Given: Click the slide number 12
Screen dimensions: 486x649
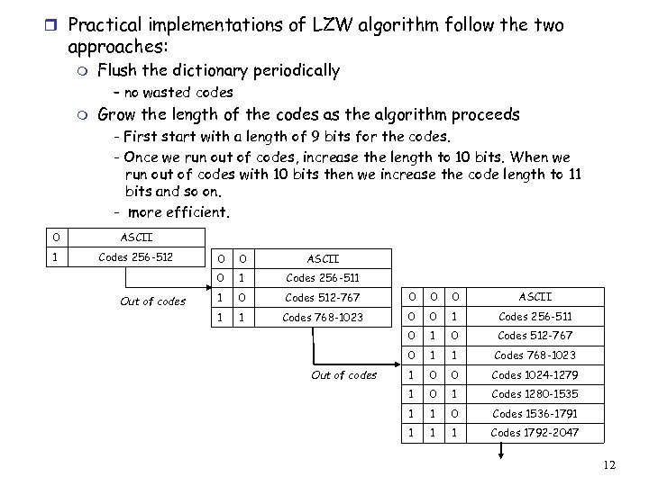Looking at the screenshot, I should point(609,464).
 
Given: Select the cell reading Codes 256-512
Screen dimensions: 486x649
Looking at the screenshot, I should point(136,257).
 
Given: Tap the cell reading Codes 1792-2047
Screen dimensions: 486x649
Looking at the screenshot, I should point(535,433).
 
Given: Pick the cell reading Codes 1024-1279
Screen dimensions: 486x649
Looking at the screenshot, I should point(535,374).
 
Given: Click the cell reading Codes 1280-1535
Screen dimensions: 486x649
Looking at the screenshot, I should point(535,394).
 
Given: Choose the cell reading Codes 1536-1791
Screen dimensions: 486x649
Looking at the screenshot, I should point(535,414).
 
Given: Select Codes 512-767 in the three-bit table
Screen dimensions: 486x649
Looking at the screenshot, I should point(535,336).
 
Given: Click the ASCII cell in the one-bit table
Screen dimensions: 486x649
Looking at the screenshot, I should point(136,238).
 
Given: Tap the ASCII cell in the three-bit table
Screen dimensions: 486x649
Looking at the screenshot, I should point(535,296).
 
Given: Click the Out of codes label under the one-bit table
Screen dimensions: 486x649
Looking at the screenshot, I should point(152,301).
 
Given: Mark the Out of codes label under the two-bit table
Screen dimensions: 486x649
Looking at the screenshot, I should point(343,374).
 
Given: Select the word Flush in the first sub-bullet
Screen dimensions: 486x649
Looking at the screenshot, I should point(116,70).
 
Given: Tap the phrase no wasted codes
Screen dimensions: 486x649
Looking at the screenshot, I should point(178,92).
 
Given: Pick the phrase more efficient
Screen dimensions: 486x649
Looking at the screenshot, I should point(178,213).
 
